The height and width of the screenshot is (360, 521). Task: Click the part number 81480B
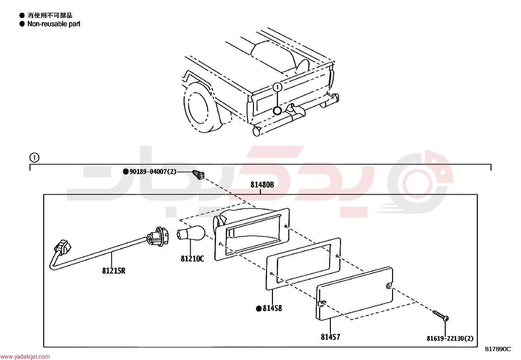262,185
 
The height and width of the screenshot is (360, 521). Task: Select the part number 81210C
192,259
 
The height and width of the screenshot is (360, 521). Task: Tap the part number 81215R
114,271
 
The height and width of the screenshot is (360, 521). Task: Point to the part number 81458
272,308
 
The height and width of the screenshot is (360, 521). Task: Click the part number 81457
331,337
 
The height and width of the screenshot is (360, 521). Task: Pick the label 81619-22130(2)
450,338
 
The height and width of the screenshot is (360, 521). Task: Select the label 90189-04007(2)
153,172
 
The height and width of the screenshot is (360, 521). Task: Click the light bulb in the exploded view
191,233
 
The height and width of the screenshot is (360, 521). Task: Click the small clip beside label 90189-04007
198,175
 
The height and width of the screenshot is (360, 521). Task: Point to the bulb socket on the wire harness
158,237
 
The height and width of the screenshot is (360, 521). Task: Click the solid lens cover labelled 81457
354,294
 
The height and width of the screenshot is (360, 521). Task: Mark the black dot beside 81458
259,309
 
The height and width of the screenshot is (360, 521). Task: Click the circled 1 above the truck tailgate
277,87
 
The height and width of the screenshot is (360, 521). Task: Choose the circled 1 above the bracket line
34,158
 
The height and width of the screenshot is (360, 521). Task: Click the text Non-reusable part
54,24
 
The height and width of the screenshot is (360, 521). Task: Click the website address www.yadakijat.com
25,356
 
